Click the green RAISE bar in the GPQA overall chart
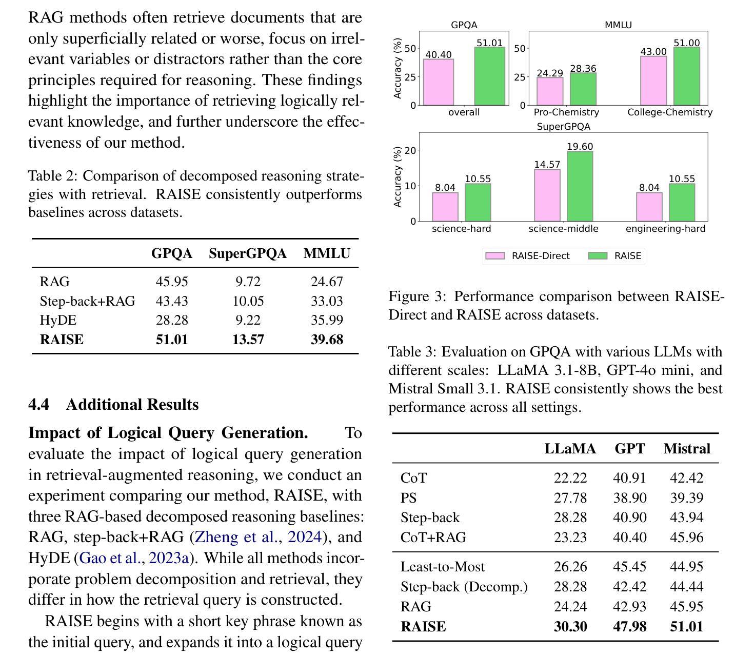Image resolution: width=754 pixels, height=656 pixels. (x=489, y=76)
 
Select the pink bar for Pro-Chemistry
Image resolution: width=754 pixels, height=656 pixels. (x=549, y=91)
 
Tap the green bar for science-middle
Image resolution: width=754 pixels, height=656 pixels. (x=580, y=186)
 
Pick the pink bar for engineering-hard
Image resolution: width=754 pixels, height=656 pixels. (x=649, y=207)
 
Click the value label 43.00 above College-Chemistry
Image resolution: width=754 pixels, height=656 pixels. (x=653, y=52)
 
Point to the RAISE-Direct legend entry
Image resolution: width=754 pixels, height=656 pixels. (x=527, y=256)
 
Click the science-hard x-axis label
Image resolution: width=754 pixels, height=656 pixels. (x=462, y=228)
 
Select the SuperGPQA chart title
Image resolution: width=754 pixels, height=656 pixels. (x=564, y=126)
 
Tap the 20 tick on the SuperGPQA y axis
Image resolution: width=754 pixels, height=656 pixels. (x=410, y=150)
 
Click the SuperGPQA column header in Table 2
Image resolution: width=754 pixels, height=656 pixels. (x=248, y=253)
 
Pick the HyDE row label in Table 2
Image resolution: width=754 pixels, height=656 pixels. (x=58, y=320)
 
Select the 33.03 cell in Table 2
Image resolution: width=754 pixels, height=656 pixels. (x=327, y=301)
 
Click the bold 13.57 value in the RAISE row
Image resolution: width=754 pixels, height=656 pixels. (x=248, y=339)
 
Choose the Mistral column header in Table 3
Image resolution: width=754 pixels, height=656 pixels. (x=687, y=448)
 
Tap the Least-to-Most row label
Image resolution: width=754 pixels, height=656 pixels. (x=443, y=566)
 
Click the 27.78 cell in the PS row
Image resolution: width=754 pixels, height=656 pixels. (x=570, y=498)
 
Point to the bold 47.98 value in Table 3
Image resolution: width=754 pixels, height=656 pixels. (x=629, y=626)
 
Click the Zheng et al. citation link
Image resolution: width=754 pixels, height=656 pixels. (x=236, y=536)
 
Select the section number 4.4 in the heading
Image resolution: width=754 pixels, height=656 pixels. (x=38, y=404)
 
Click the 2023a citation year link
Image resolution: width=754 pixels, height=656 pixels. (x=169, y=558)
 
